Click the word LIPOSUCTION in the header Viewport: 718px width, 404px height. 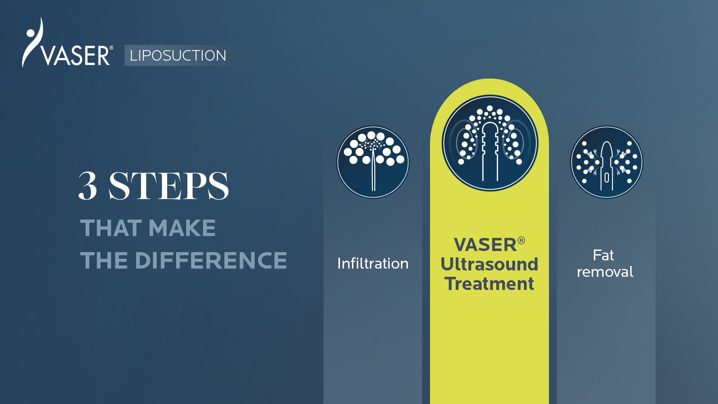tap(178, 56)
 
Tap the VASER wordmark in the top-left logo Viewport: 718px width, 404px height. tap(75, 56)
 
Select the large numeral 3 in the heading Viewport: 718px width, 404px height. tap(88, 186)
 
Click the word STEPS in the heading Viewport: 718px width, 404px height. tap(169, 186)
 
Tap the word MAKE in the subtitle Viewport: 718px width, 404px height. tap(182, 228)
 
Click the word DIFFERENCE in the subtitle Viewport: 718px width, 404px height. tap(211, 260)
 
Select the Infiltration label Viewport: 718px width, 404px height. tap(373, 263)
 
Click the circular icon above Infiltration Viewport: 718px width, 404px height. tap(373, 162)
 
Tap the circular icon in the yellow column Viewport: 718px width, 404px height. tap(490, 143)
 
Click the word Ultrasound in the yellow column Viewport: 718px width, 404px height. tap(489, 264)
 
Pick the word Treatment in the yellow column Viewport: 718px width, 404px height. tap(489, 284)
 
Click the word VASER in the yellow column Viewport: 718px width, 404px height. tap(485, 245)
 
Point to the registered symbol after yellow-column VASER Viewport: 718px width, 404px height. tap(521, 241)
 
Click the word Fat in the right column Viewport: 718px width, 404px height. tap(603, 255)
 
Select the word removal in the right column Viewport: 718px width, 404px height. tap(605, 272)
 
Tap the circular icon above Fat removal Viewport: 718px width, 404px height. tap(607, 162)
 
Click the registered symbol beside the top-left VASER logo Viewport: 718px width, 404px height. tap(111, 48)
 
